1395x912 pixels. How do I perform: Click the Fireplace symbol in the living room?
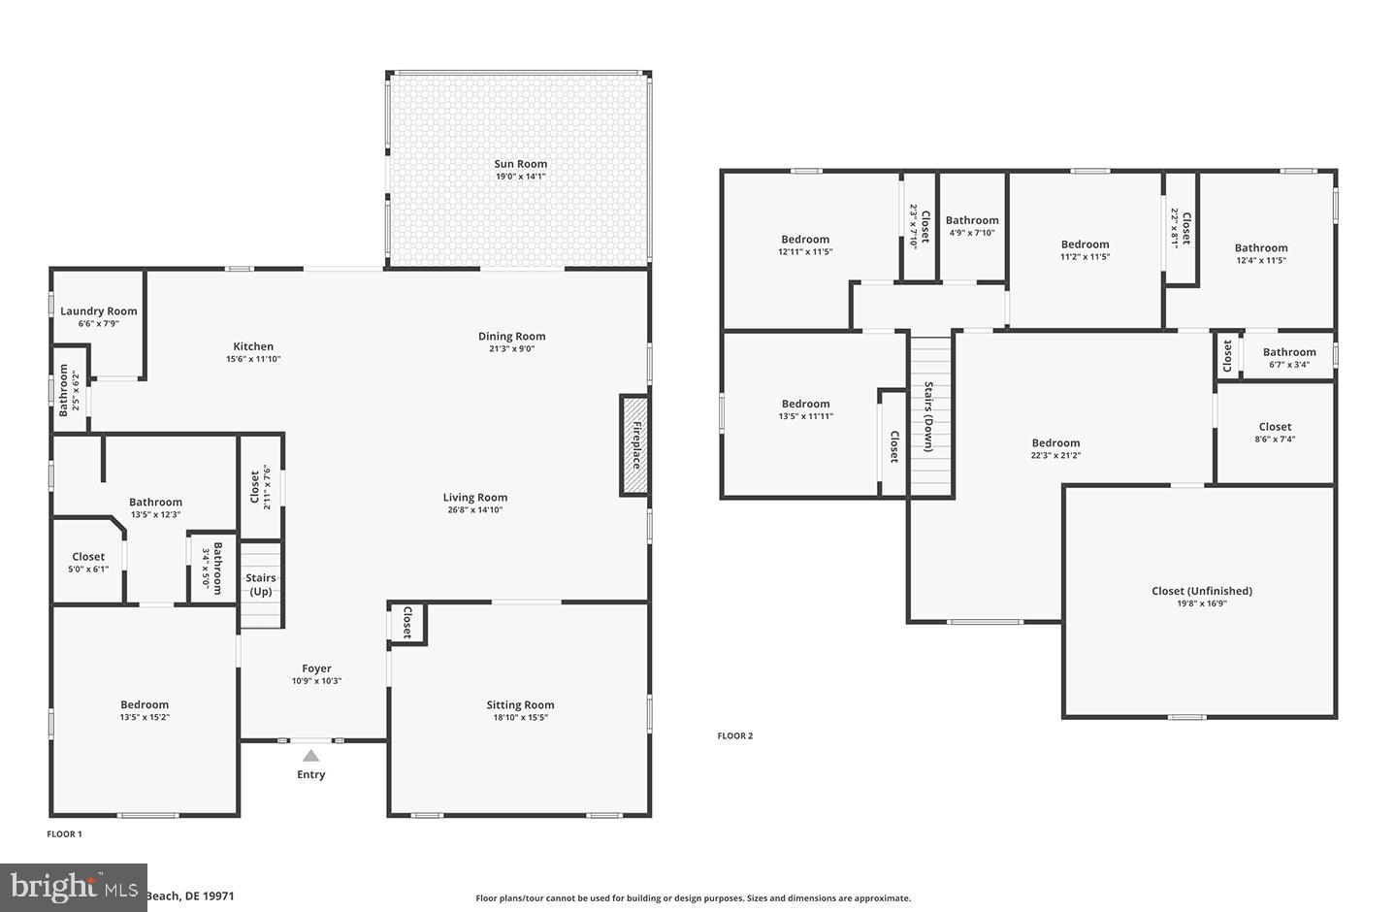634,445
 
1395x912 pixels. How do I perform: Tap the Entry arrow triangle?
310,755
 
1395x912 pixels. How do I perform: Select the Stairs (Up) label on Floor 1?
261,584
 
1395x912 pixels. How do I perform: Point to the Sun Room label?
521,164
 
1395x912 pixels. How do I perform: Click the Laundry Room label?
99,311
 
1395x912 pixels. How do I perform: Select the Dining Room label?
511,337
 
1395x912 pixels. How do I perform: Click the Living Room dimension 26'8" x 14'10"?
475,509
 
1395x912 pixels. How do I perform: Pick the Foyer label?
316,668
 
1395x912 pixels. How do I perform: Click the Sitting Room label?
520,705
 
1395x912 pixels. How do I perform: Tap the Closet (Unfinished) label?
1202,591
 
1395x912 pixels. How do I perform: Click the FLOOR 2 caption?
735,735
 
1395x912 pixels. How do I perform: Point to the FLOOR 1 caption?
65,833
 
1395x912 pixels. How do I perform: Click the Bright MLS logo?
74,887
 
